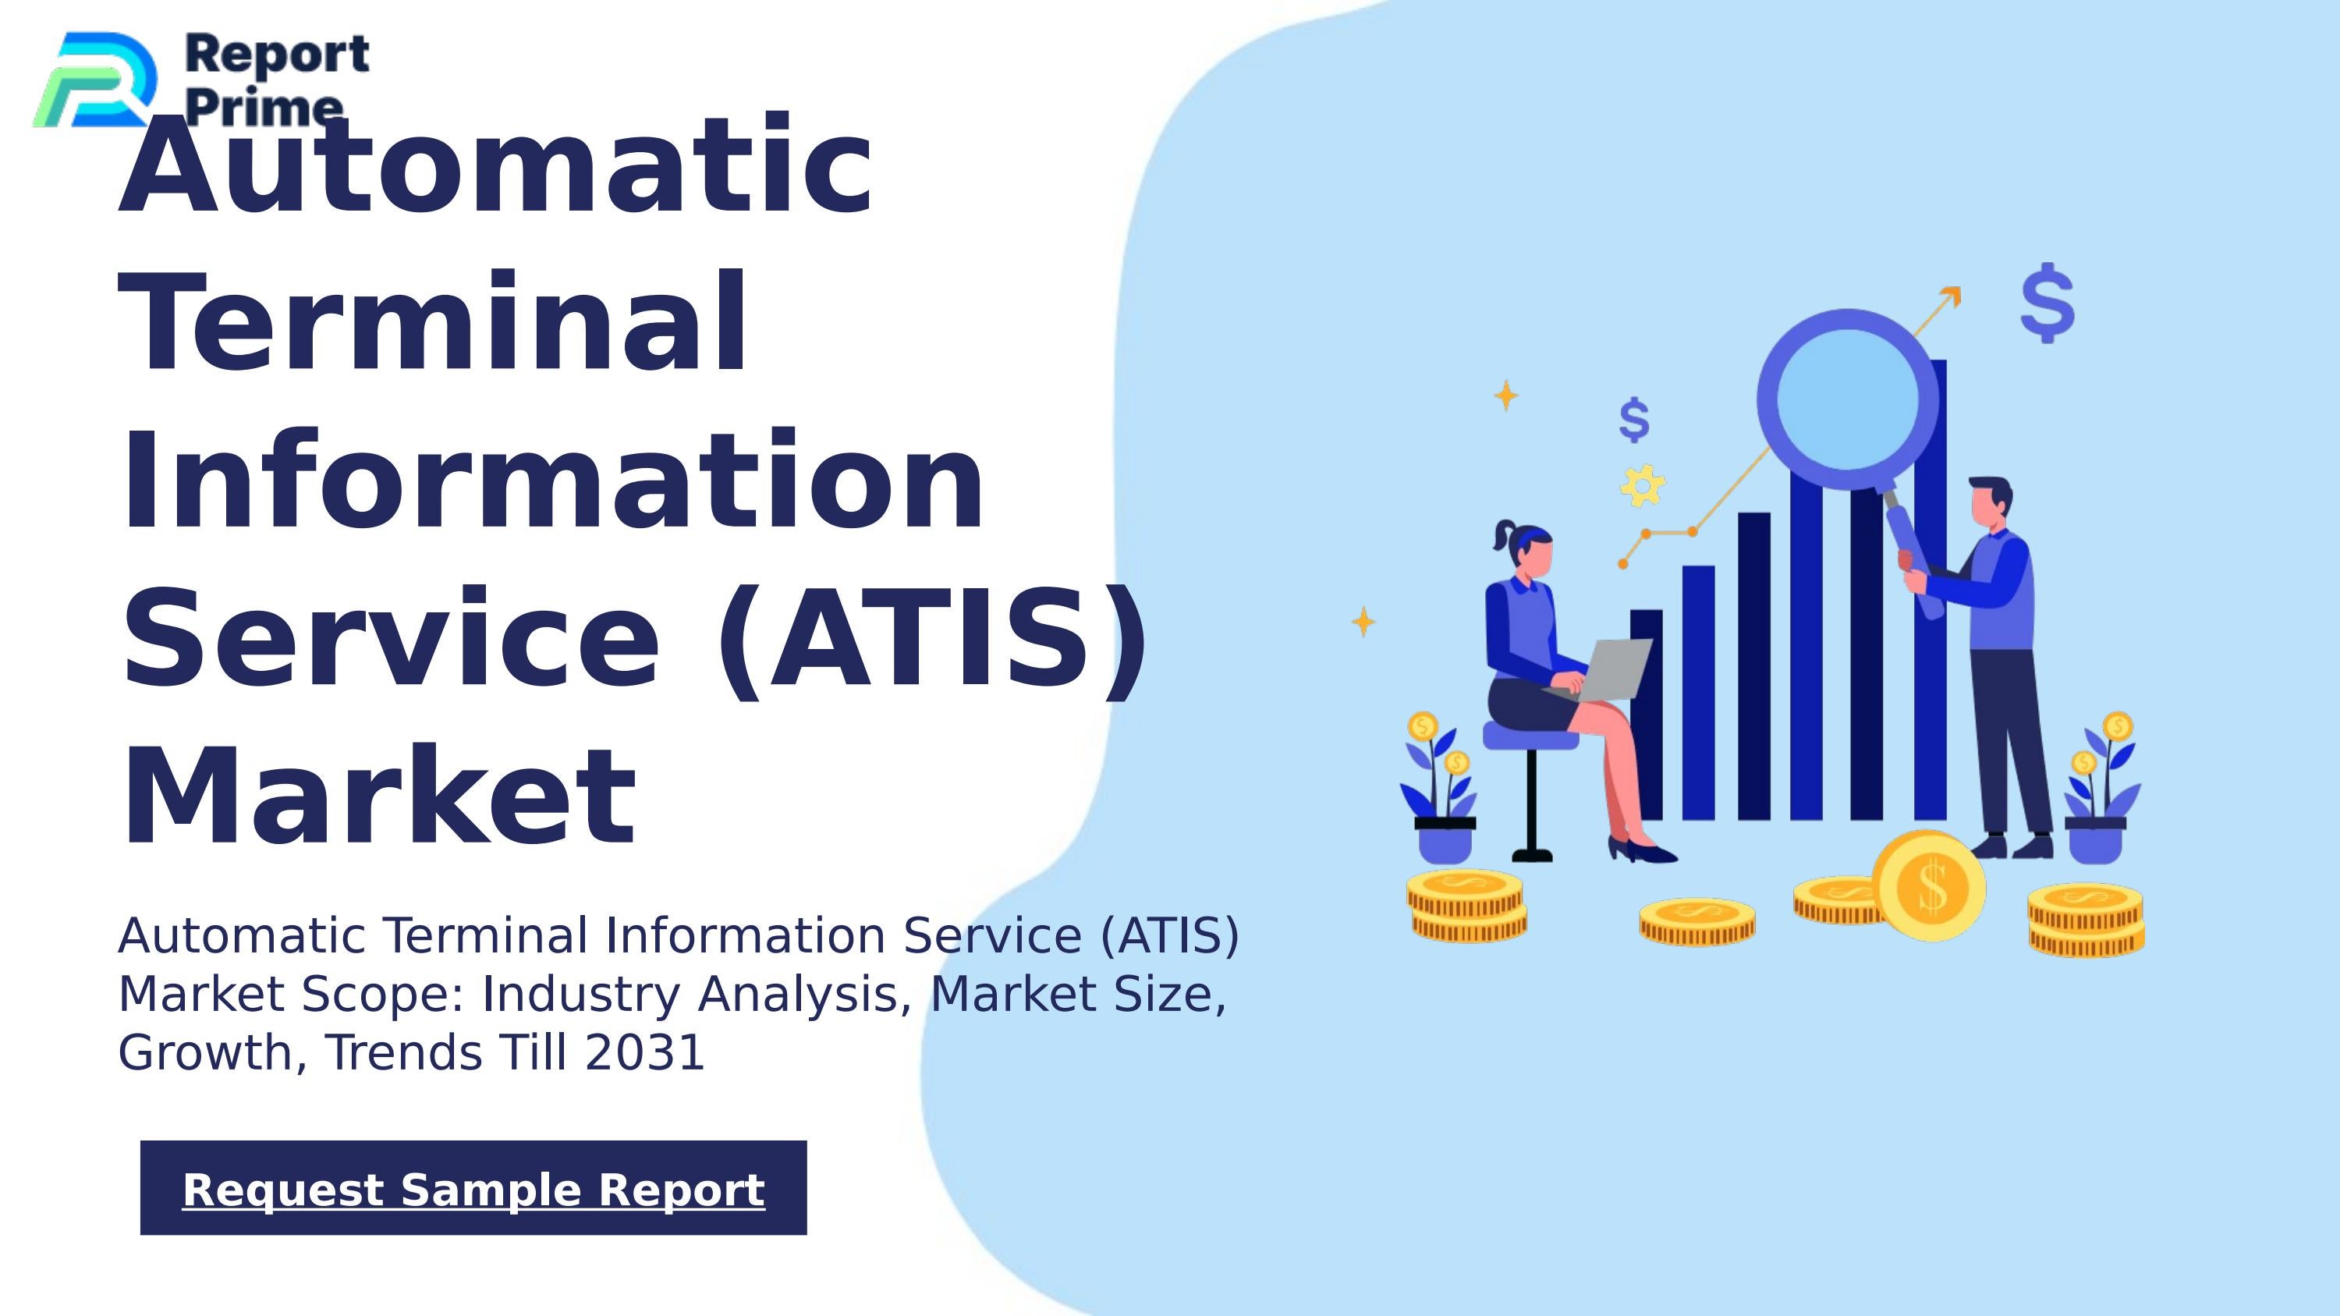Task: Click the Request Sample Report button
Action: click(x=473, y=1188)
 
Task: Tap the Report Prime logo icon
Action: click(x=94, y=80)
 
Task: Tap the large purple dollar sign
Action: click(x=2047, y=303)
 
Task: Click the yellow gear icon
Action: click(x=1643, y=485)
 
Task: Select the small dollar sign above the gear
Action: click(x=1633, y=420)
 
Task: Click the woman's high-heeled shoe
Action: click(x=1641, y=850)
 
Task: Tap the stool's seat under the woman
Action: click(x=1530, y=736)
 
